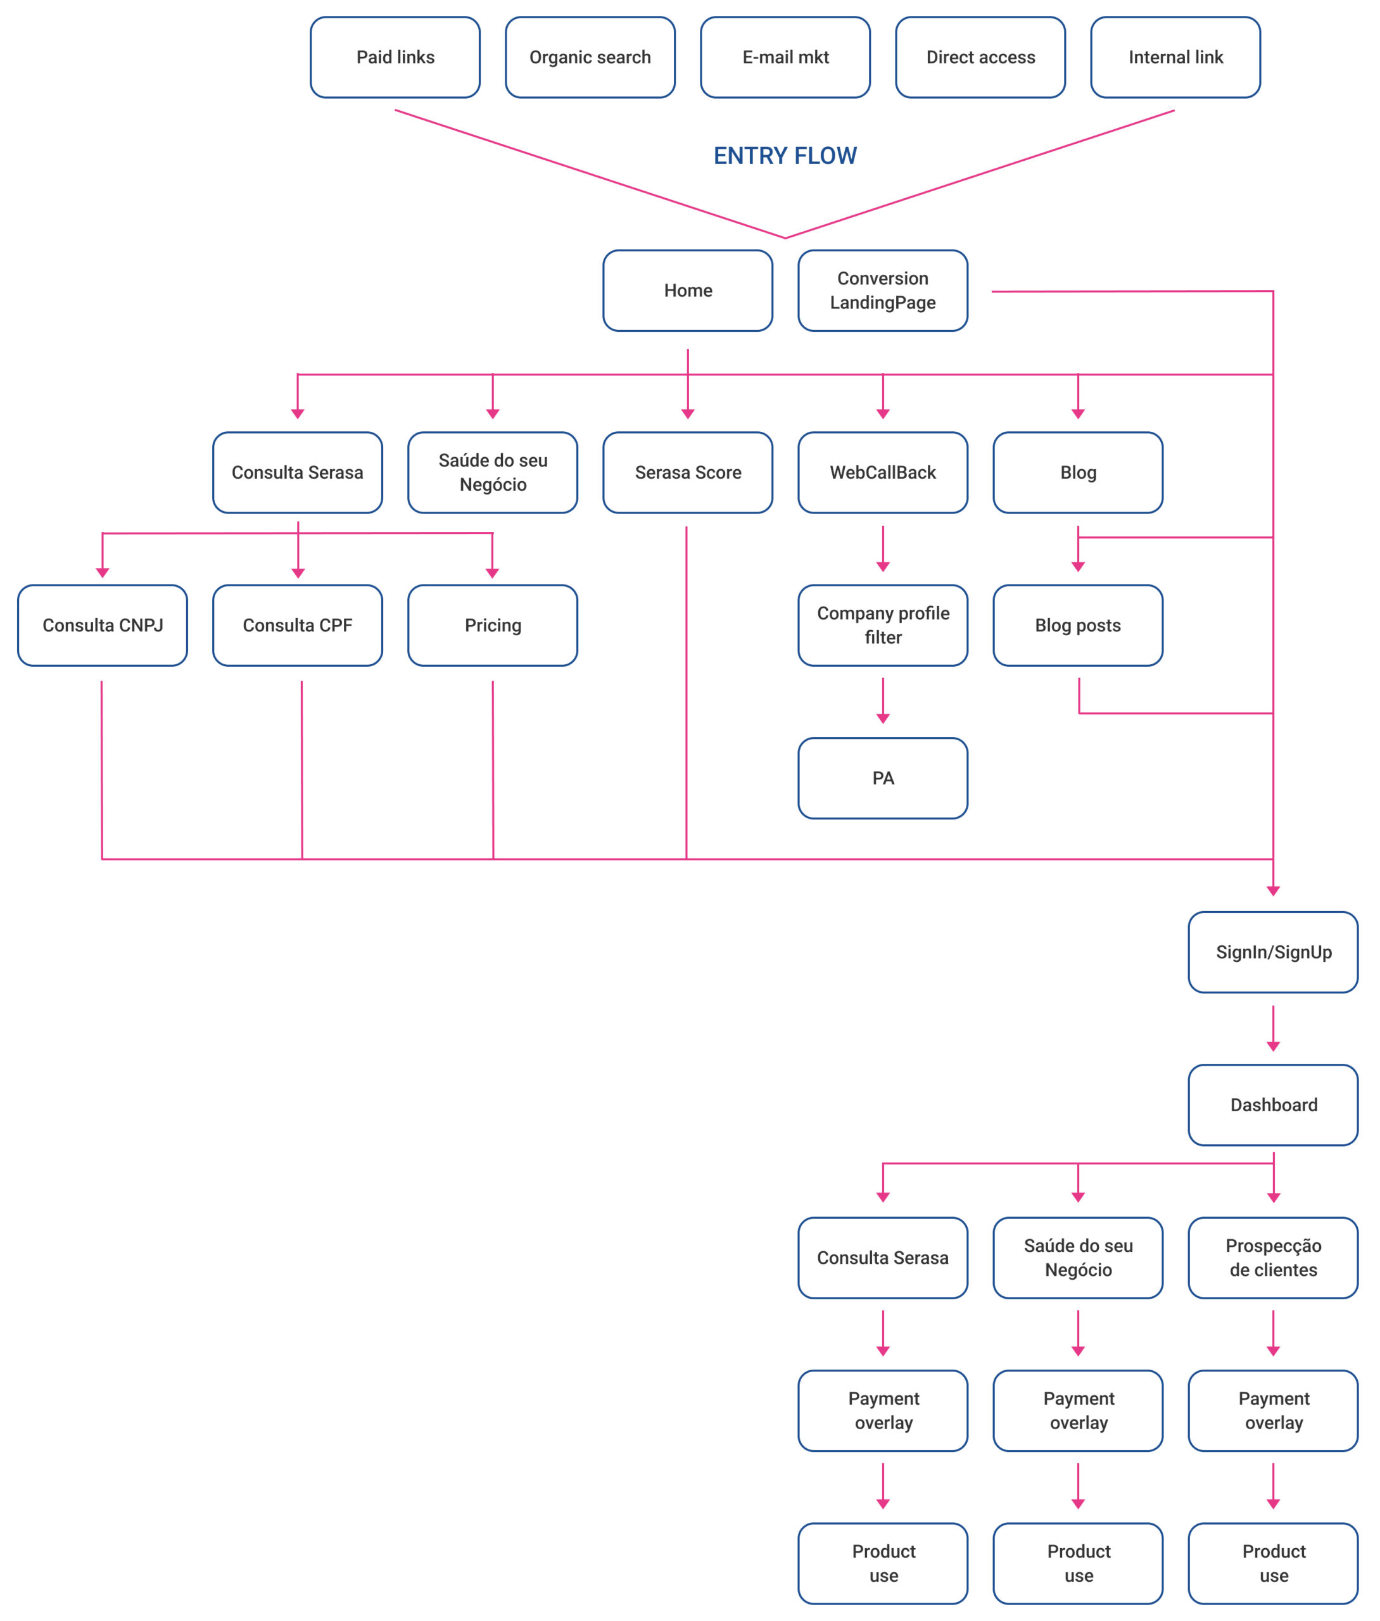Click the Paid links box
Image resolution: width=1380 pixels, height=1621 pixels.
395,57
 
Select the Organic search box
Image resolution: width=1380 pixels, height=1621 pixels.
590,57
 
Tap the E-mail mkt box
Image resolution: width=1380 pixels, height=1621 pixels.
785,57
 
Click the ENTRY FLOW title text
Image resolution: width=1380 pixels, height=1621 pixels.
785,156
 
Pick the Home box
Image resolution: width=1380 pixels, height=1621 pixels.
688,291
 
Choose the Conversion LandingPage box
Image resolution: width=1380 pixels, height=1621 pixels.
882,291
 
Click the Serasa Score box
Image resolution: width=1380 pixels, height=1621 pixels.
688,472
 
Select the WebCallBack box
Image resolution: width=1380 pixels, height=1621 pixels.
882,472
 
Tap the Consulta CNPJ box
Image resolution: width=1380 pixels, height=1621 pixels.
103,626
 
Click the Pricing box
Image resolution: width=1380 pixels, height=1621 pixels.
493,626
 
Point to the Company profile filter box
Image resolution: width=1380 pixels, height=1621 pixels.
882,626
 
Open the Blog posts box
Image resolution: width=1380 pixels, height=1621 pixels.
1078,626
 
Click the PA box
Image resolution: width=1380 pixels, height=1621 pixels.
882,778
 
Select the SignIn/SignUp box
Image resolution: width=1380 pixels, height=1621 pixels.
1273,952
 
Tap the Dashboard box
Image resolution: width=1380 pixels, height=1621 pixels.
1273,1105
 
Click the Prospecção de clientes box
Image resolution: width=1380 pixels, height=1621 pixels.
1273,1258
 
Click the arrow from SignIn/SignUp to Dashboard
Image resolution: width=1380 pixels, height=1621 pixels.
1273,1028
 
